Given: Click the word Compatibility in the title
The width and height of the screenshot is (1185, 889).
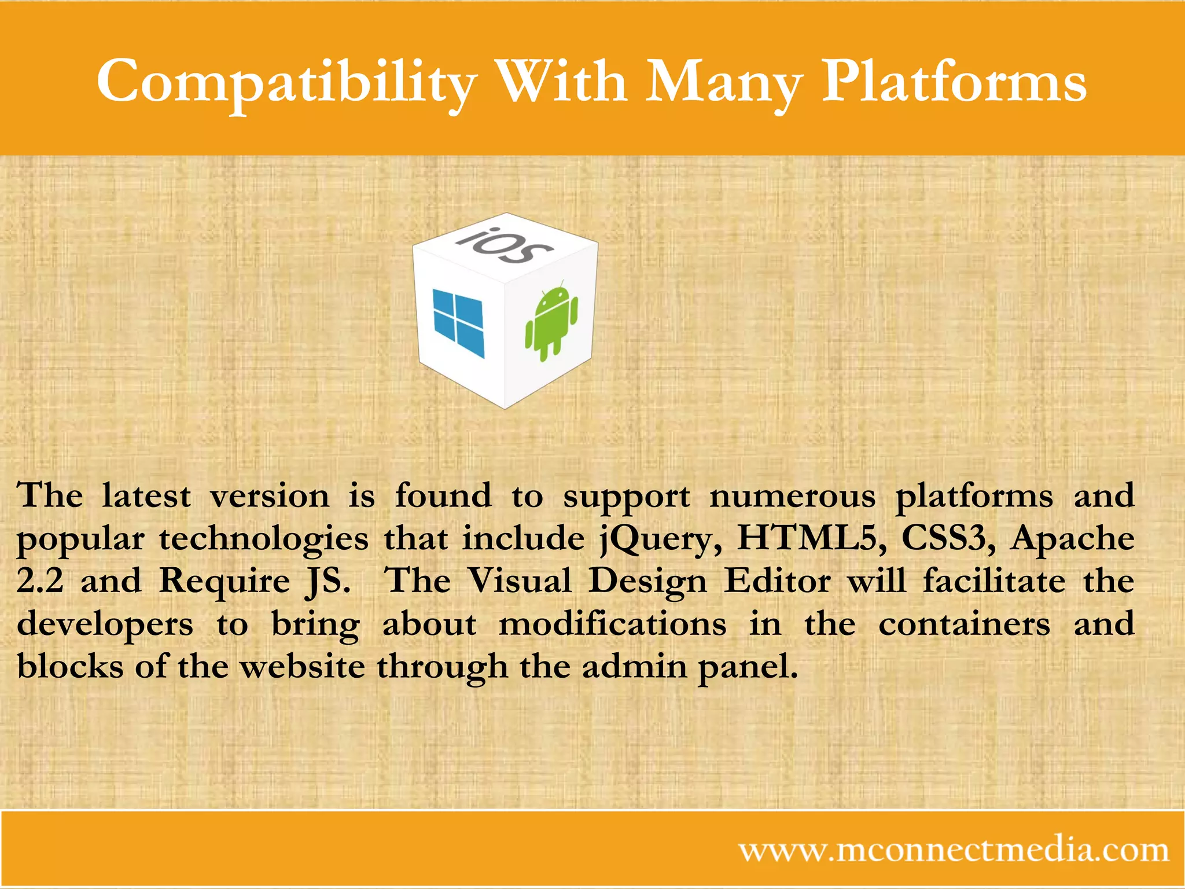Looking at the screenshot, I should [x=286, y=82].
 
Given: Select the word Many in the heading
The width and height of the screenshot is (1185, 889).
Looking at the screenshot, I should [x=724, y=82].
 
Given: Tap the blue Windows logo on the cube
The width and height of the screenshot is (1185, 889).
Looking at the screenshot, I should [x=458, y=323].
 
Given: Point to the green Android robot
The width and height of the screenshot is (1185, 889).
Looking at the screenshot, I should [x=551, y=321].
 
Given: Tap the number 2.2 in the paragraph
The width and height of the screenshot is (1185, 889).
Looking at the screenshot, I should [x=40, y=581].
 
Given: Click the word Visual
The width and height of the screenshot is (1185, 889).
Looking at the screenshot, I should [x=519, y=581].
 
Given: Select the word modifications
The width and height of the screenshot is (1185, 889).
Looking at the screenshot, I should [x=612, y=624].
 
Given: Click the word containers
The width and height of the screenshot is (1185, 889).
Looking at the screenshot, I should [x=964, y=624].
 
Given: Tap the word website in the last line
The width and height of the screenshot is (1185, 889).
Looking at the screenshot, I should [x=302, y=667].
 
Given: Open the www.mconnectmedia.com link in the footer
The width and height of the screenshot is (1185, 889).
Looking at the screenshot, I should [x=953, y=850].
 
